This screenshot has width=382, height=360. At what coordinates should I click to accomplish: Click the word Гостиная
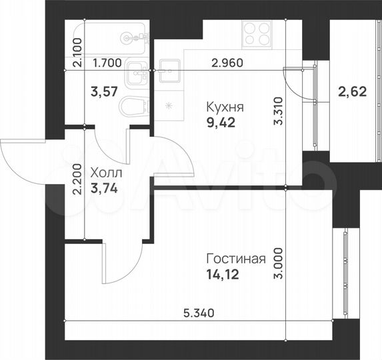[236, 259]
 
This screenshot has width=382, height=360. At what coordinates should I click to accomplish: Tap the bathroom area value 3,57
[103, 92]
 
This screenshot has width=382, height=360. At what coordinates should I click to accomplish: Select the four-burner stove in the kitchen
[256, 34]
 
